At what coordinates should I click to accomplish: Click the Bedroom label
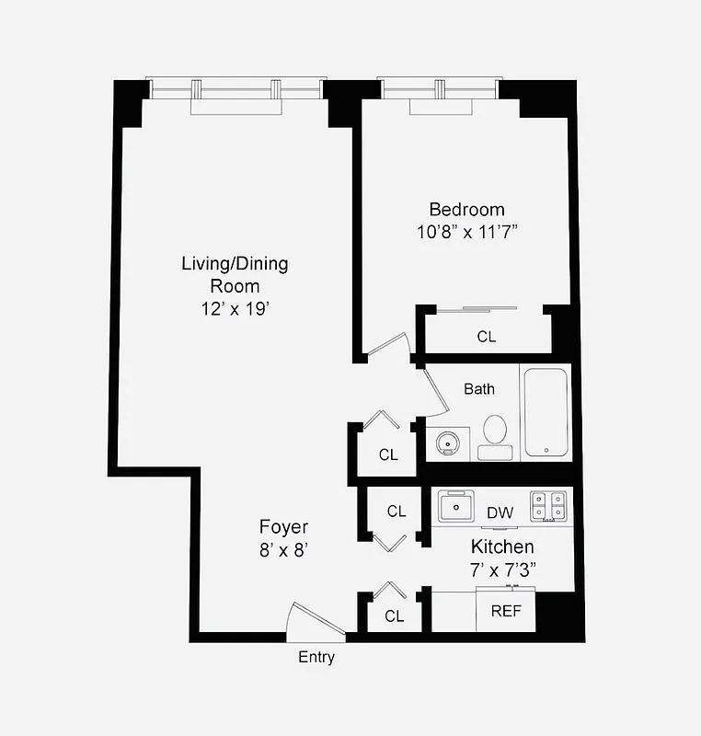point(466,209)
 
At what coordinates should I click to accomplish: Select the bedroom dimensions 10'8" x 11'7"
point(466,232)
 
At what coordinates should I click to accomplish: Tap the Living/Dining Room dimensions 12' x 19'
point(235,309)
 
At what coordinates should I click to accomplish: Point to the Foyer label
point(283,527)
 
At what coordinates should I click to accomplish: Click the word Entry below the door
point(316,657)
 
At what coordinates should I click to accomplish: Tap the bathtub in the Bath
point(546,411)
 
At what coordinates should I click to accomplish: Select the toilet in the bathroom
point(496,434)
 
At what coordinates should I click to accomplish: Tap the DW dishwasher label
point(500,512)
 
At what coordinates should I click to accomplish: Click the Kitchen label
point(502,547)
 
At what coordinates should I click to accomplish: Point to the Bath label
point(478,389)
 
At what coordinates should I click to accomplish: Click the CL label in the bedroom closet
point(487,337)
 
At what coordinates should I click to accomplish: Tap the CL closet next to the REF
point(395,616)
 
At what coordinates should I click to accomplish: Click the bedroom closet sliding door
point(477,310)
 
